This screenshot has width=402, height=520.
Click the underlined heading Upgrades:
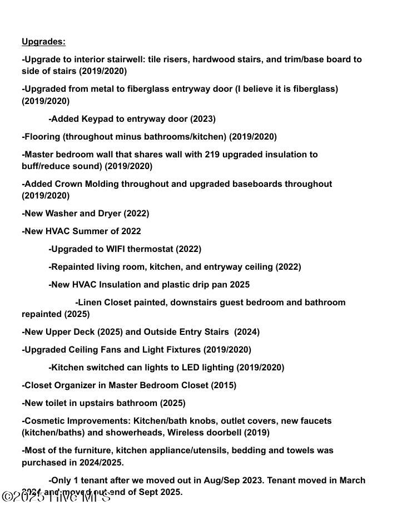pyautogui.click(x=43, y=42)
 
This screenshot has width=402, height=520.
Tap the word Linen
pyautogui.click(x=90, y=303)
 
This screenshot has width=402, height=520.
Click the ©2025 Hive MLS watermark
pyautogui.click(x=56, y=496)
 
